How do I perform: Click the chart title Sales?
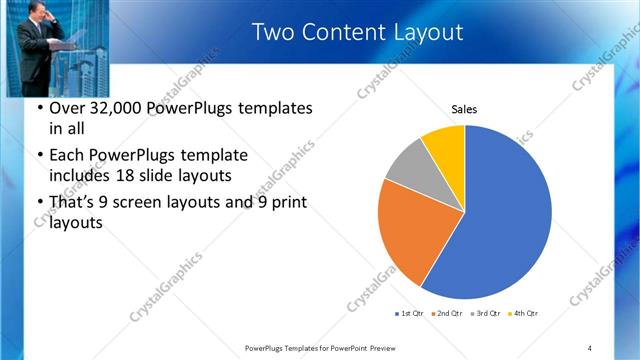[464, 109]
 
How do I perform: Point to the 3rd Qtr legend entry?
[484, 314]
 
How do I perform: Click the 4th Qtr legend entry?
[522, 314]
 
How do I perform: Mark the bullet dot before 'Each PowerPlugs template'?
[39, 156]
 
